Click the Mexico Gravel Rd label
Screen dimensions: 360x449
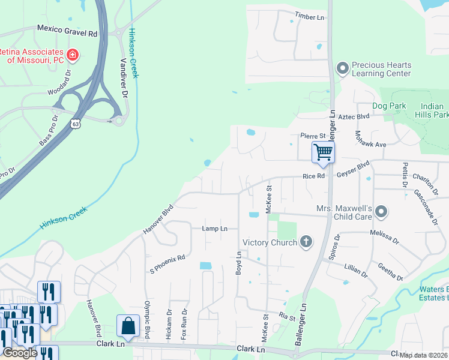click(x=67, y=28)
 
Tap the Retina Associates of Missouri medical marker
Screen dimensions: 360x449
click(x=73, y=55)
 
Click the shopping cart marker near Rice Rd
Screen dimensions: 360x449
click(x=323, y=152)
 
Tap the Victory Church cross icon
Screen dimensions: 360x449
click(x=306, y=242)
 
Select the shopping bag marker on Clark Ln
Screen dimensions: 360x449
click(x=129, y=326)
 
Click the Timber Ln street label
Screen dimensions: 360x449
click(x=309, y=16)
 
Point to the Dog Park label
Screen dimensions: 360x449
click(x=389, y=106)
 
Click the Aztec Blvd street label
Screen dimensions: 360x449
click(x=354, y=116)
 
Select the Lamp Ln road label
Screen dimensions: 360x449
click(x=214, y=229)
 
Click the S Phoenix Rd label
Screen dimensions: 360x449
click(x=167, y=264)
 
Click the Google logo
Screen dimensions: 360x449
click(x=20, y=352)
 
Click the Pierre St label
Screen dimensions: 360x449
click(x=312, y=137)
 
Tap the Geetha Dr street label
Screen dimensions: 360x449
click(x=390, y=271)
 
